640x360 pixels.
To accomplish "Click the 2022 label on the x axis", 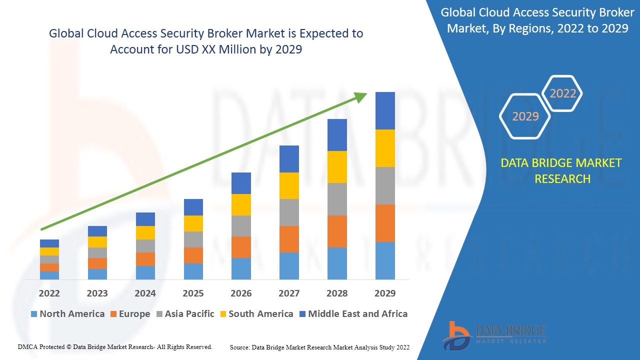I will point(49,293).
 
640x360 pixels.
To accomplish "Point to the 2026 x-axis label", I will point(241,293).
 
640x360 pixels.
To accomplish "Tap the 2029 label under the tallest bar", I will point(385,293).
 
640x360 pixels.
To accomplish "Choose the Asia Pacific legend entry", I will point(184,314).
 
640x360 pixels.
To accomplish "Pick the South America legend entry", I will point(255,314).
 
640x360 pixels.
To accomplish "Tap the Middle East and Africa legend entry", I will point(353,314).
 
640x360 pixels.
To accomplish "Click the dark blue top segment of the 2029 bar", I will point(385,110).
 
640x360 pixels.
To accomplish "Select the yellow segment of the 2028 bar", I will point(337,166).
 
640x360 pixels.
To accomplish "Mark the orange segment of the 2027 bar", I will point(289,239).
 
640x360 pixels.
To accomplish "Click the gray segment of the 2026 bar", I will point(241,226).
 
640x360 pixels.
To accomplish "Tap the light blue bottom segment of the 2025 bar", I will point(193,271).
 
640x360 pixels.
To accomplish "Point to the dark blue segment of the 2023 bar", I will point(97,231).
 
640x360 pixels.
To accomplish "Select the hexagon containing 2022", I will point(562,93).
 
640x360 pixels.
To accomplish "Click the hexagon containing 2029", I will point(525,116).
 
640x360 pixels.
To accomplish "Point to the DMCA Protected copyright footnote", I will point(115,346).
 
